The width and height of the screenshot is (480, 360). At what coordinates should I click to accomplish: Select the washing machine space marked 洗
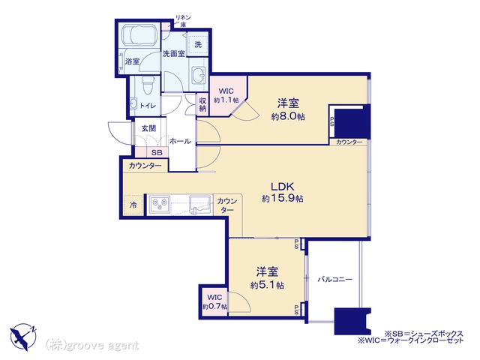click(198, 45)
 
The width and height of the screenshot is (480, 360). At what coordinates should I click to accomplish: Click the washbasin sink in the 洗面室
click(198, 74)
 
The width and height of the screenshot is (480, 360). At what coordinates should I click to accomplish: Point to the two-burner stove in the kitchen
click(160, 203)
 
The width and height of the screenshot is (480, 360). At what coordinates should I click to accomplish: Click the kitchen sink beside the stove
click(200, 204)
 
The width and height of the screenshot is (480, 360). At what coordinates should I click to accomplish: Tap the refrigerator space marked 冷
click(133, 205)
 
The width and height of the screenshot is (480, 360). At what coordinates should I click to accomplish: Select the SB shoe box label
click(157, 152)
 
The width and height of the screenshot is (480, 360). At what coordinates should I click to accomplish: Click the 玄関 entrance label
click(149, 128)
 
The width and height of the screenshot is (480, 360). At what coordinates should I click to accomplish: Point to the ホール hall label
click(180, 141)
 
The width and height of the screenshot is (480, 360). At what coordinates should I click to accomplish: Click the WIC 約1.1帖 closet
click(226, 96)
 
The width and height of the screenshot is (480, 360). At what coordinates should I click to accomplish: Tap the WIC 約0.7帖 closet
click(214, 302)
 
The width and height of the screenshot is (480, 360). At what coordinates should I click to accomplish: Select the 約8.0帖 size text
click(288, 117)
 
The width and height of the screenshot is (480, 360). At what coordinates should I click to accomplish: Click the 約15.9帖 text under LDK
click(283, 198)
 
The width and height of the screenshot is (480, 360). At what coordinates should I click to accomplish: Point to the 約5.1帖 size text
click(267, 285)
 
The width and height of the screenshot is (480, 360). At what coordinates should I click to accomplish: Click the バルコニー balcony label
click(335, 279)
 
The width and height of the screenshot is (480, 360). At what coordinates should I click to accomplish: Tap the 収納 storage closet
click(202, 104)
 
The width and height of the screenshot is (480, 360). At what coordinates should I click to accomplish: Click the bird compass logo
click(23, 337)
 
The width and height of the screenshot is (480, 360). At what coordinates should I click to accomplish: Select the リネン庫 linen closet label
click(183, 20)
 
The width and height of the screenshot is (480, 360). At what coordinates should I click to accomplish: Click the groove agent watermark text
click(92, 346)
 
